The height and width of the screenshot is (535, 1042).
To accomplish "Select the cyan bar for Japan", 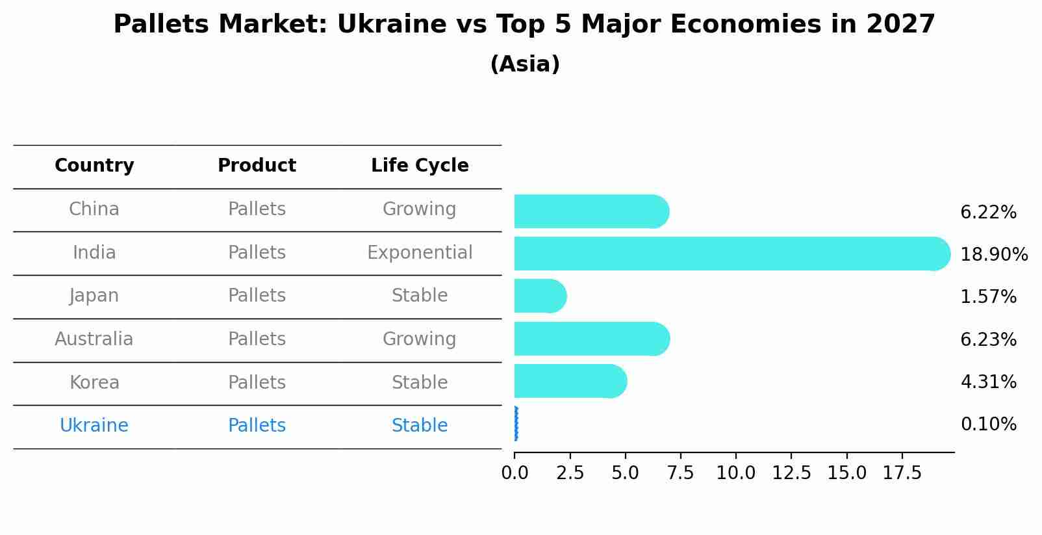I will point(539,296).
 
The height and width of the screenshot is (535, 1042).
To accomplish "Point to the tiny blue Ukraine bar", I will point(516,424).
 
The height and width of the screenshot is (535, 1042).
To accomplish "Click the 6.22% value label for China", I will point(988,213).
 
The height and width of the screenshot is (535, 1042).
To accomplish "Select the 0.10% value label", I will point(988,424).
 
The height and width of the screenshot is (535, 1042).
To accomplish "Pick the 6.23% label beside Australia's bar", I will point(988,340).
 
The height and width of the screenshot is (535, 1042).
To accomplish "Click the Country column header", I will point(94,166).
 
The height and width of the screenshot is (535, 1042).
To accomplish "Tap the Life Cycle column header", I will point(420,166).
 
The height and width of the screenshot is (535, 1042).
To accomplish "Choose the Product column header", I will point(257,166).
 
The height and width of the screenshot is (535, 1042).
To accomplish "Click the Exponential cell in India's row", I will point(420,252).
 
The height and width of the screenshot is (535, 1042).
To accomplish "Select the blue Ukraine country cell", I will point(94,426).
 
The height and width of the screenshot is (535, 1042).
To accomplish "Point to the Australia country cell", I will point(94,339).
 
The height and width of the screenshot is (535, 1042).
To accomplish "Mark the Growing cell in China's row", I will point(420,209).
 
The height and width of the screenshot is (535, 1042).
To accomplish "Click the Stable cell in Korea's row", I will point(420,382).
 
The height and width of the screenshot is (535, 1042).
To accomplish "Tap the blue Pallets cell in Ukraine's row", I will point(257,426).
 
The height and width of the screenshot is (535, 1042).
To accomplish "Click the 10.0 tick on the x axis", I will point(736,473).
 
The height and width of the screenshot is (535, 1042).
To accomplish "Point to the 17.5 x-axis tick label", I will point(902,473).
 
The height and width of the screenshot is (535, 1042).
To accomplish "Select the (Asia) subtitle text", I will point(525,64).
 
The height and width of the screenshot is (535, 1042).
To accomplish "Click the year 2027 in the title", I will point(900,25).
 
